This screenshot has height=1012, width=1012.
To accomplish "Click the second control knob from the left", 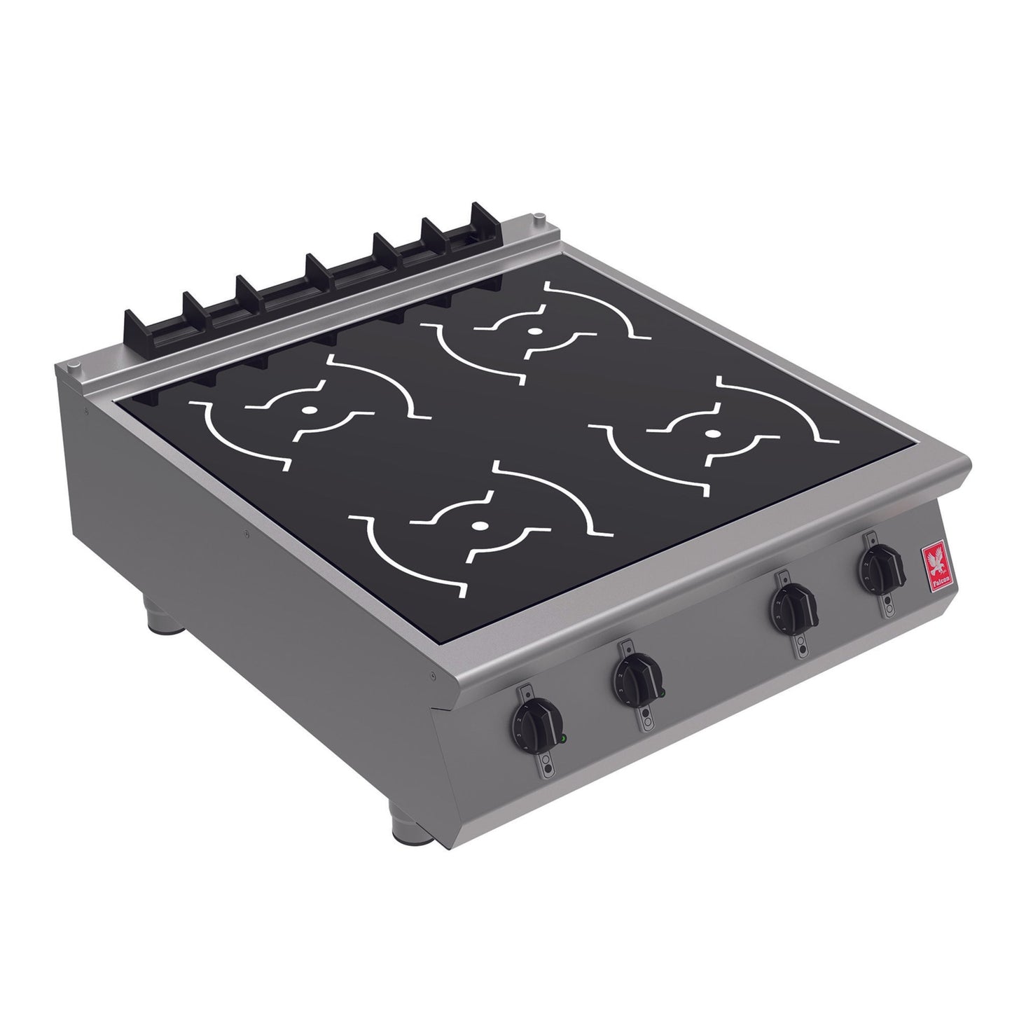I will point(635,676).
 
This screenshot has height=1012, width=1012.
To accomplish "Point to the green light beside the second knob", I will point(661,694).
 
